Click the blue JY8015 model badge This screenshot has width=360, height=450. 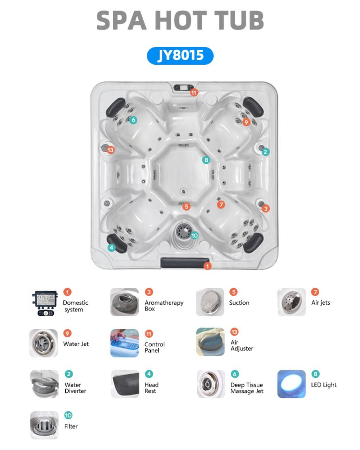pyautogui.click(x=180, y=56)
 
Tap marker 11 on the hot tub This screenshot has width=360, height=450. pyautogui.click(x=194, y=92)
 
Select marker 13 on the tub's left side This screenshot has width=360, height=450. pyautogui.click(x=110, y=150)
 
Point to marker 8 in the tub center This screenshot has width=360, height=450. pyautogui.click(x=206, y=160)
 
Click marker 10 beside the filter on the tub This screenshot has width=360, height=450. pyautogui.click(x=195, y=235)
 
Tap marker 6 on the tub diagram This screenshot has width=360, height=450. pyautogui.click(x=133, y=120)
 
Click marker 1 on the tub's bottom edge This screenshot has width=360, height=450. pyautogui.click(x=207, y=266)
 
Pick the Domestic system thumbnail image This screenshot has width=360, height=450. pyautogui.click(x=45, y=303)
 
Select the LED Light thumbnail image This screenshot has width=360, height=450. pyautogui.click(x=291, y=384)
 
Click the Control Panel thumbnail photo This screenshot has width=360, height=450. pyautogui.click(x=124, y=343)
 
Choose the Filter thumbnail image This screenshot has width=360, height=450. pyautogui.click(x=44, y=425)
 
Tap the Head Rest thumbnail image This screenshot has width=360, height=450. pyautogui.click(x=125, y=384)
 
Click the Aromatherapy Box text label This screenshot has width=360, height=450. pyautogui.click(x=164, y=306)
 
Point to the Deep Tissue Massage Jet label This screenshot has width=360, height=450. pyautogui.click(x=247, y=388)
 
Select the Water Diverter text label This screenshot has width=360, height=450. pyautogui.click(x=75, y=388)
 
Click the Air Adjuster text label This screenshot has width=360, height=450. pyautogui.click(x=242, y=345)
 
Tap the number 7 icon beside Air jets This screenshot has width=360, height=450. pyautogui.click(x=315, y=292)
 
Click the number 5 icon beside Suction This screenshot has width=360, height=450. pyautogui.click(x=234, y=292)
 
